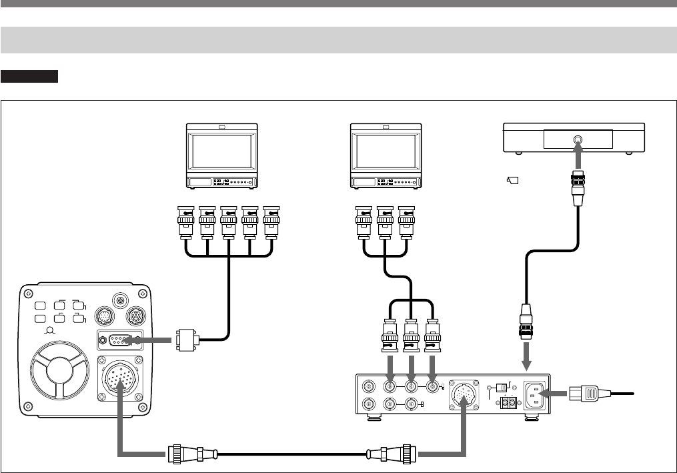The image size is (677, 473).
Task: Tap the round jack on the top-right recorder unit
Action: click(x=578, y=141)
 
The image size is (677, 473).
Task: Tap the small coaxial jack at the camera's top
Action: click(x=121, y=301)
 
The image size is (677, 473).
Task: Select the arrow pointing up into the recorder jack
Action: click(x=578, y=159)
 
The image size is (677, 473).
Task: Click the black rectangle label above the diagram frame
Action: click(x=30, y=76)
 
